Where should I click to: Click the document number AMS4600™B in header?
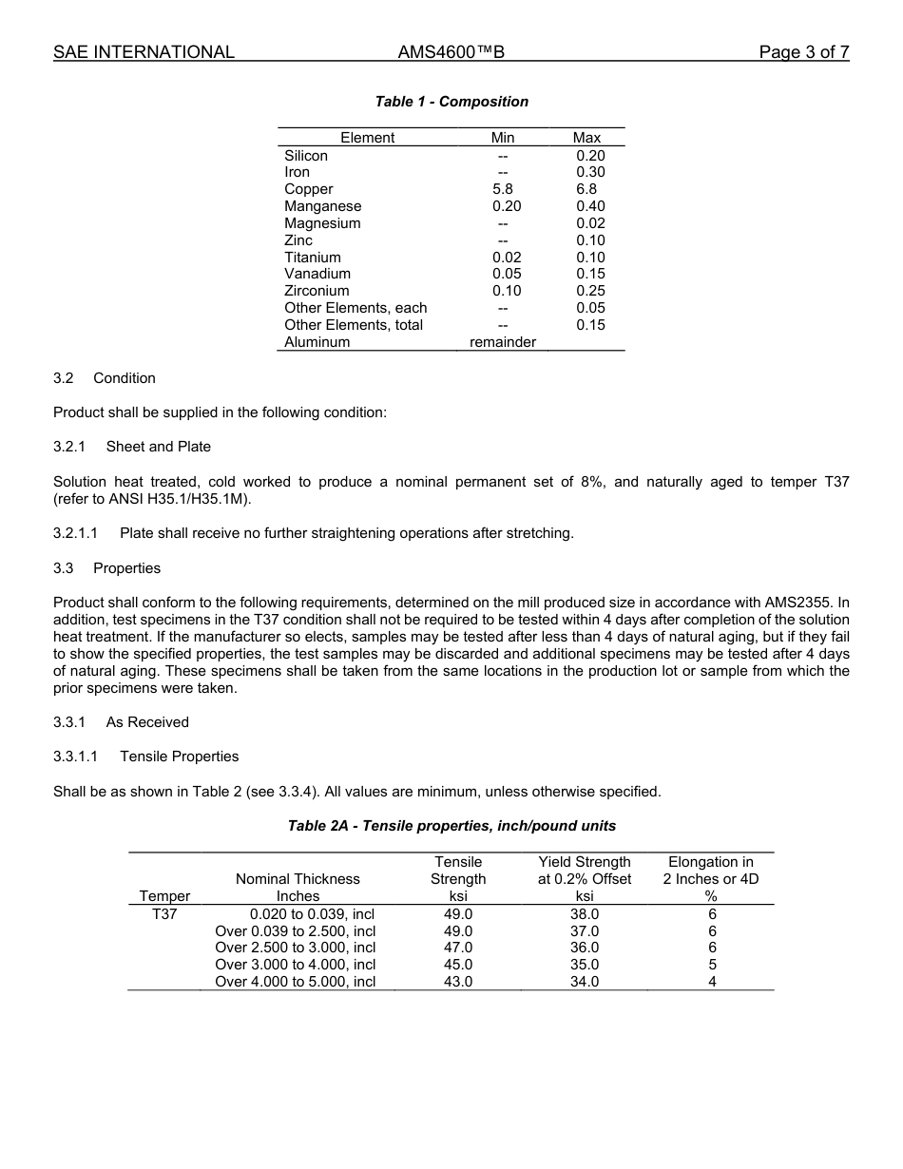pyautogui.click(x=451, y=52)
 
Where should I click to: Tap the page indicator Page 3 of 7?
pyautogui.click(x=803, y=52)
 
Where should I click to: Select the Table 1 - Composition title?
pyautogui.click(x=451, y=102)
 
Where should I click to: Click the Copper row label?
pyautogui.click(x=309, y=189)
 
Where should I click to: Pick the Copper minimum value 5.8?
pyautogui.click(x=503, y=189)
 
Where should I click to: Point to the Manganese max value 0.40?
pyautogui.click(x=590, y=206)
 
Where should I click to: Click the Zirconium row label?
pyautogui.click(x=317, y=291)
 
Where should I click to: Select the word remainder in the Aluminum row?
pyautogui.click(x=503, y=342)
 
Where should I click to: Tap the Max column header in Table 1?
pyautogui.click(x=586, y=138)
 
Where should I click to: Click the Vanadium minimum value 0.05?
pyautogui.click(x=507, y=274)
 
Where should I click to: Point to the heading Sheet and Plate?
pyautogui.click(x=158, y=447)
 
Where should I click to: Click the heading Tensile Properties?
pyautogui.click(x=179, y=757)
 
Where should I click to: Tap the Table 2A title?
pyautogui.click(x=451, y=826)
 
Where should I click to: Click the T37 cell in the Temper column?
pyautogui.click(x=164, y=914)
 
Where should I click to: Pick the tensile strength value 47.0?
pyautogui.click(x=458, y=948)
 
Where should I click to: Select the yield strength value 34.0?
pyautogui.click(x=585, y=982)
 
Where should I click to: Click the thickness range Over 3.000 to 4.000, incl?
pyautogui.click(x=296, y=965)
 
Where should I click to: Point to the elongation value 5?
pyautogui.click(x=712, y=965)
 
